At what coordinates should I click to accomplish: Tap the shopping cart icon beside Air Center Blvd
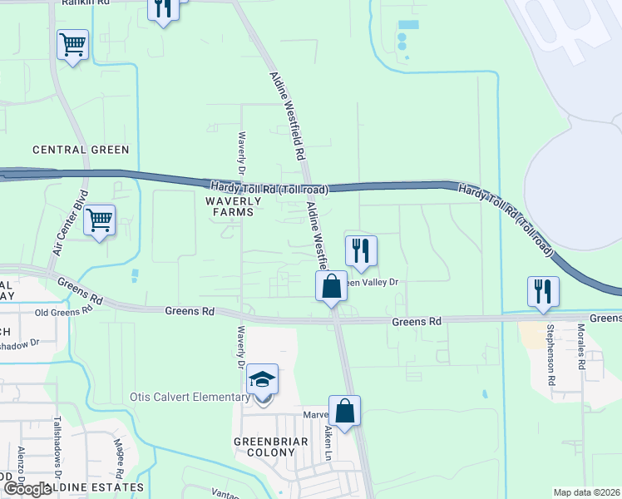pyautogui.click(x=99, y=220)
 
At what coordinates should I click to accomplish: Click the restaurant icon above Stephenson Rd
pyautogui.click(x=543, y=291)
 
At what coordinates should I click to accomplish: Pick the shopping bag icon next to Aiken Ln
pyautogui.click(x=344, y=410)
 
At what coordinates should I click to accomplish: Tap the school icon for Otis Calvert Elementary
pyautogui.click(x=263, y=381)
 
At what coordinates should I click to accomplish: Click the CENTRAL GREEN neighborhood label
pyautogui.click(x=81, y=150)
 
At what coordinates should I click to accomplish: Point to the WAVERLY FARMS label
pyautogui.click(x=234, y=206)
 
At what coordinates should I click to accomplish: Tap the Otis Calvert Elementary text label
pyautogui.click(x=190, y=397)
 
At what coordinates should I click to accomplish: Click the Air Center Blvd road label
pyautogui.click(x=69, y=228)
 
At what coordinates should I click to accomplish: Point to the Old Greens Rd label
pyautogui.click(x=62, y=313)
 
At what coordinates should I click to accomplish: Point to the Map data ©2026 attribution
pyautogui.click(x=586, y=492)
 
